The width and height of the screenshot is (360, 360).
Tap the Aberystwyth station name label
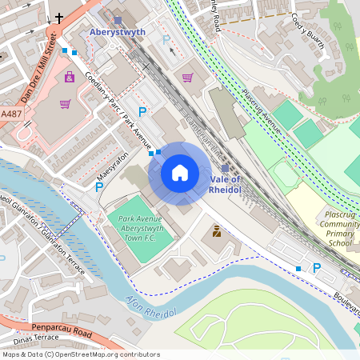tap(118, 30)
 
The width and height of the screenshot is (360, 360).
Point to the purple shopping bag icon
tap(69, 78)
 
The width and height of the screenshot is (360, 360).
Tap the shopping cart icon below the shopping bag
tap(65, 104)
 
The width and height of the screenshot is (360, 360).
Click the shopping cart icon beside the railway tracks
tap(187, 78)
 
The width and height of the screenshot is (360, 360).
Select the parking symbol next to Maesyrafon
tap(99, 187)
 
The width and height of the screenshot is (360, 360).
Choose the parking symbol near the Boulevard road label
tap(316, 267)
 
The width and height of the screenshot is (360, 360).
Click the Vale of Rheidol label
tap(225, 184)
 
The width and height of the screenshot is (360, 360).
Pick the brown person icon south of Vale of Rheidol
tap(214, 231)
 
